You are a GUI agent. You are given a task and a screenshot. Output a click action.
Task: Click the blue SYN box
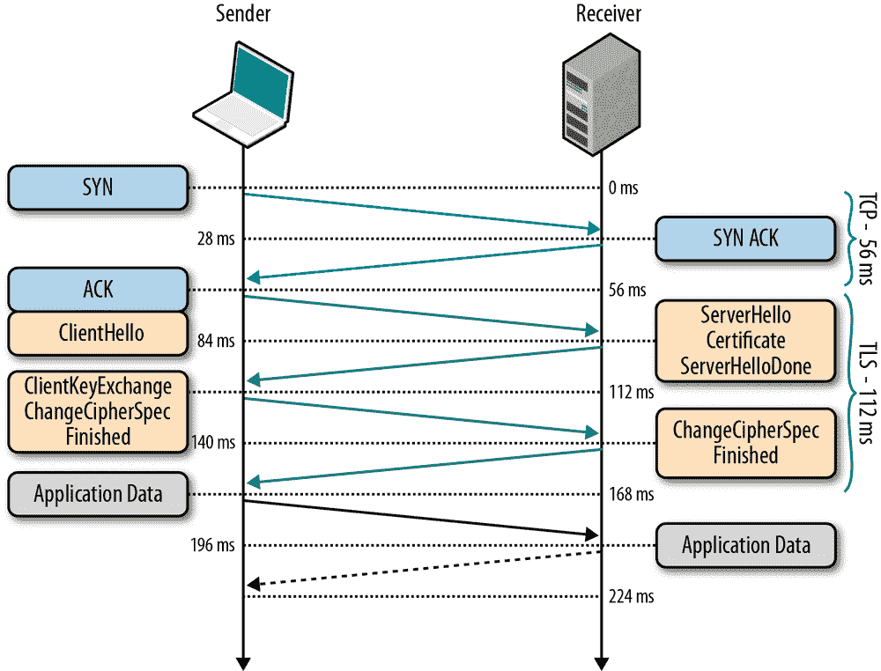98,187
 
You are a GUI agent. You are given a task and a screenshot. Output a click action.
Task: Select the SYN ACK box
745,238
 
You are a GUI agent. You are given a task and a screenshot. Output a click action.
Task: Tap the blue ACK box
98,290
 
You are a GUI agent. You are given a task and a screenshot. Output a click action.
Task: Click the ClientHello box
98,334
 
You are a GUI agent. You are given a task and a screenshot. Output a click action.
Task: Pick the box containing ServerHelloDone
745,341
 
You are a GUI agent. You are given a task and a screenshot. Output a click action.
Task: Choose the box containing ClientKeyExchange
98,410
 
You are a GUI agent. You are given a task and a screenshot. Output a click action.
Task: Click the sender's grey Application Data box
98,494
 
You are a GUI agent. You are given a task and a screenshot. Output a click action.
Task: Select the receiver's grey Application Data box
745,545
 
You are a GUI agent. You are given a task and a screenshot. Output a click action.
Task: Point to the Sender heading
242,13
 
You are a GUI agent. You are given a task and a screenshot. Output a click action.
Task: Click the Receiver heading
608,13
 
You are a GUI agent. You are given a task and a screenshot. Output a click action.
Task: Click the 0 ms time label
623,188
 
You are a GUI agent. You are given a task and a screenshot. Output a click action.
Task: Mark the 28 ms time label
217,239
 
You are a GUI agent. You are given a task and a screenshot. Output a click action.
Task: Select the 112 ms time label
631,392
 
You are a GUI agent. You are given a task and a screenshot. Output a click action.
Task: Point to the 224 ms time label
631,596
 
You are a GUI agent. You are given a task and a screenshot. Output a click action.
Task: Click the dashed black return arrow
423,568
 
